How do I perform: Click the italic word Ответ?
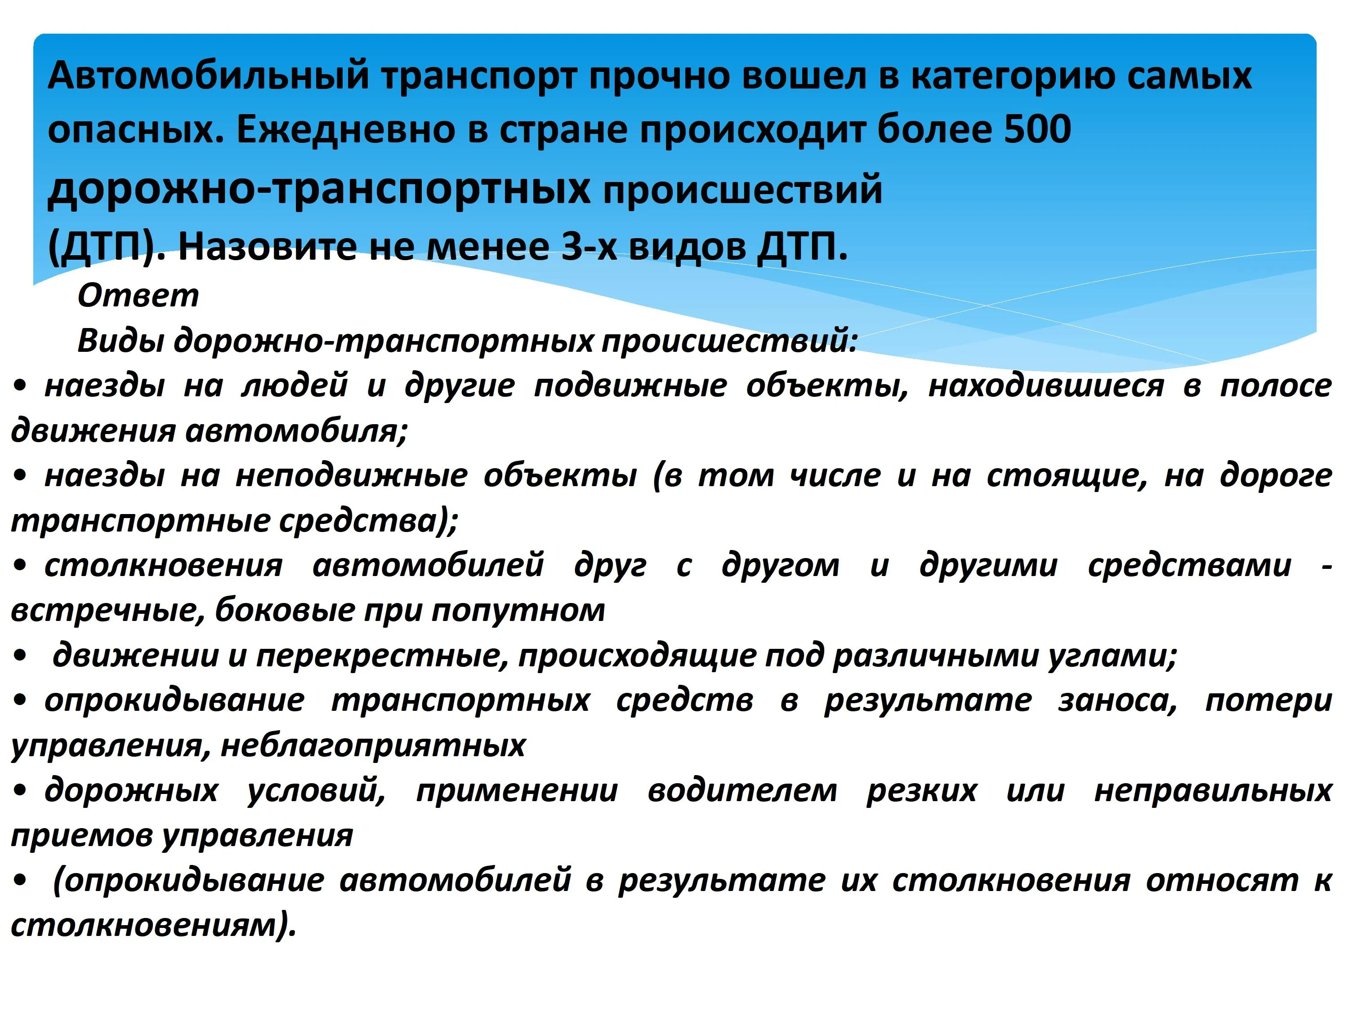138,296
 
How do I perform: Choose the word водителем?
743,790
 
